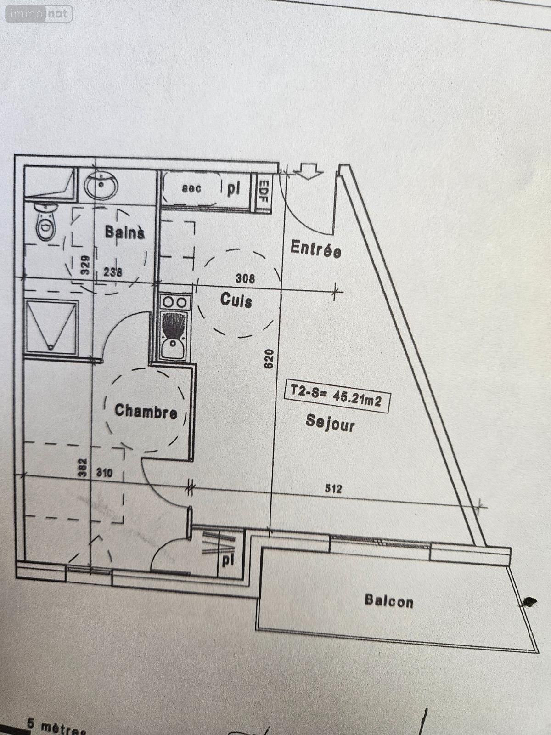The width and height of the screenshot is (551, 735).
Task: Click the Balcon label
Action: pos(389,601)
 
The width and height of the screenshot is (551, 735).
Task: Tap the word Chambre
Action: pos(146,411)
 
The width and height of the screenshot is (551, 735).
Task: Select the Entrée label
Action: pos(316,249)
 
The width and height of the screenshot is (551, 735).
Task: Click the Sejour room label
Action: pos(330,423)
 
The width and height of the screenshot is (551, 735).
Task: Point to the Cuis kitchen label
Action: pos(236,300)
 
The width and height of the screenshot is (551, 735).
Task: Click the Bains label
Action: pos(124,232)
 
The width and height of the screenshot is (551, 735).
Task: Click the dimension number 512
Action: pos(333,488)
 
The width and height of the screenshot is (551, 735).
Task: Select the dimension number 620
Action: pos(269,358)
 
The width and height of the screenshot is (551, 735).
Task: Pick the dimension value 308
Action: pos(245,278)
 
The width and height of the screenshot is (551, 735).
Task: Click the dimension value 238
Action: pos(113,272)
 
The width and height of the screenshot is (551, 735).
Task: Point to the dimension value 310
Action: pos(105,472)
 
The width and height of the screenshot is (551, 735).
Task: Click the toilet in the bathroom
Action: pos(46,221)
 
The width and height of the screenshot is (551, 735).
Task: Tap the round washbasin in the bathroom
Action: pos(101,186)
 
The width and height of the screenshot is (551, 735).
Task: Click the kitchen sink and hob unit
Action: pos(174,326)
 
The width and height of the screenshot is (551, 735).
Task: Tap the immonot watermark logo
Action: pos(39,14)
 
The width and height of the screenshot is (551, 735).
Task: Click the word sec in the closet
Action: pos(191,188)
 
